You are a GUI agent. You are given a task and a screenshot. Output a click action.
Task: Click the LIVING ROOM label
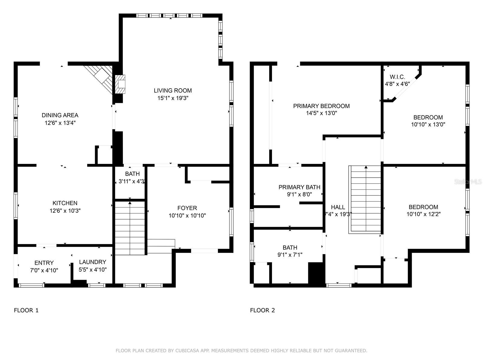[x=173, y=90]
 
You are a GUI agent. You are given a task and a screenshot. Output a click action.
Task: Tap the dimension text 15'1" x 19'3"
[x=173, y=98]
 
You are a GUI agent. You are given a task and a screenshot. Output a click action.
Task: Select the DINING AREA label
[x=60, y=115]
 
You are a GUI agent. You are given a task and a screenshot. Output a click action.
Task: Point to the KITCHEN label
[x=65, y=203]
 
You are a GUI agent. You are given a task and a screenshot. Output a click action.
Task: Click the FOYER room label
[x=187, y=208]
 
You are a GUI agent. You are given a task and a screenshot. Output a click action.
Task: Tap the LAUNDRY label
[x=93, y=262]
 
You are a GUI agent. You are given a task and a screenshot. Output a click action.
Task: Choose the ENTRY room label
[x=44, y=263]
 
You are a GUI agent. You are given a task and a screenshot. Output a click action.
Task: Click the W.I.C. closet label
[x=397, y=77]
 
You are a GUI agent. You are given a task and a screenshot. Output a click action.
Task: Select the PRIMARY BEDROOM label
[x=321, y=106]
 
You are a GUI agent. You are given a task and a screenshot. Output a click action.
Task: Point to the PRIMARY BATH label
[x=299, y=187]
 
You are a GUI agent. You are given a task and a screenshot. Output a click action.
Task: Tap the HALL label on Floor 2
[x=338, y=207]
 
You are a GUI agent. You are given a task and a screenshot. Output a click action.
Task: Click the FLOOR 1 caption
[x=26, y=310]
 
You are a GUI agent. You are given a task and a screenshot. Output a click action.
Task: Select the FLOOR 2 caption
[x=263, y=310]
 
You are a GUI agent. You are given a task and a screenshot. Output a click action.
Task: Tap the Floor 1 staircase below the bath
[x=130, y=228]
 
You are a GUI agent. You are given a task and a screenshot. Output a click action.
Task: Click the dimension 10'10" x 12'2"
[x=423, y=214]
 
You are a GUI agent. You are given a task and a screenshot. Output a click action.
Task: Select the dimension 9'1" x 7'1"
[x=290, y=255]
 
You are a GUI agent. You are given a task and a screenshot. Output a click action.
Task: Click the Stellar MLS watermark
[x=468, y=182]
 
